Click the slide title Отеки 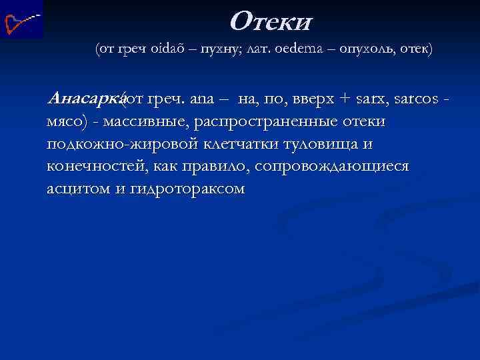[x=271, y=22]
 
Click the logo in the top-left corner [x=22, y=19]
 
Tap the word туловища [x=327, y=144]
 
